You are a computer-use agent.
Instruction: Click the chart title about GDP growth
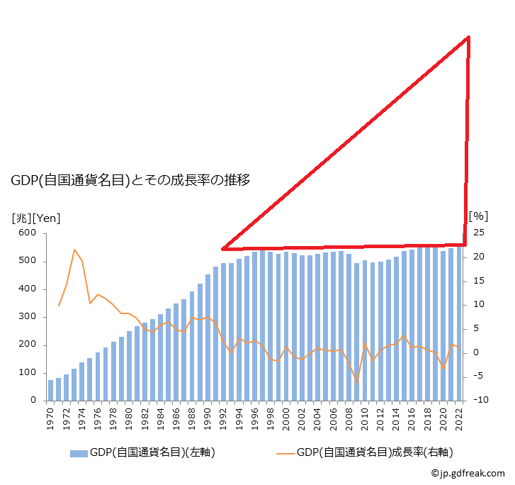coord(130,180)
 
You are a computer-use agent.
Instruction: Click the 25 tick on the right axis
coord(480,233)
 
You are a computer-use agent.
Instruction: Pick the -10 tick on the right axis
coord(480,401)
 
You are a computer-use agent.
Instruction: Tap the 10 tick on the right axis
coord(480,305)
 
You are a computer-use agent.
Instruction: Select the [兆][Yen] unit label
coord(36,218)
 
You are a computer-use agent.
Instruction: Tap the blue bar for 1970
coord(51,390)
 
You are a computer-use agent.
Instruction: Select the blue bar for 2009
coord(357,332)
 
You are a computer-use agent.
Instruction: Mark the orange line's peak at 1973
coord(74,250)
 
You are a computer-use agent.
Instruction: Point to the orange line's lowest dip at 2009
coord(357,383)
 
